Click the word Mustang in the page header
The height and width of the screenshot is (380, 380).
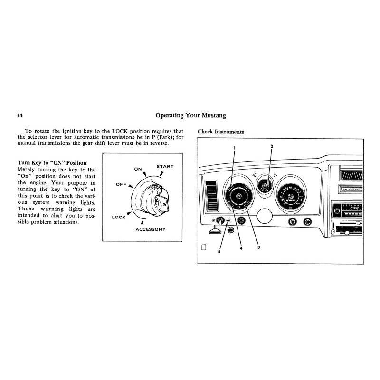[x=211, y=115]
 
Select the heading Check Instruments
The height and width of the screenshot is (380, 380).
[x=221, y=132]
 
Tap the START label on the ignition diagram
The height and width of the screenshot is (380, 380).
[x=165, y=167]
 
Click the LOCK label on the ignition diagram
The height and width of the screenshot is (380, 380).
[x=119, y=217]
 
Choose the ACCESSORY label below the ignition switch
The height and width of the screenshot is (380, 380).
[x=151, y=229]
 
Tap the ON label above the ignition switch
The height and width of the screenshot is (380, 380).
[x=138, y=169]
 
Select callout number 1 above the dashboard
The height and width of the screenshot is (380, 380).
[x=234, y=148]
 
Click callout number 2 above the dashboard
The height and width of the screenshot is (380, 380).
[x=271, y=146]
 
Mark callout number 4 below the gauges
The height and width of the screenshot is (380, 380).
[x=241, y=248]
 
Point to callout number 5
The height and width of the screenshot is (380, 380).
[x=219, y=252]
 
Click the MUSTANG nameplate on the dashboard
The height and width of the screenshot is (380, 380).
[x=351, y=189]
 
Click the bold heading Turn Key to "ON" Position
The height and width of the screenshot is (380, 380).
[x=52, y=163]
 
